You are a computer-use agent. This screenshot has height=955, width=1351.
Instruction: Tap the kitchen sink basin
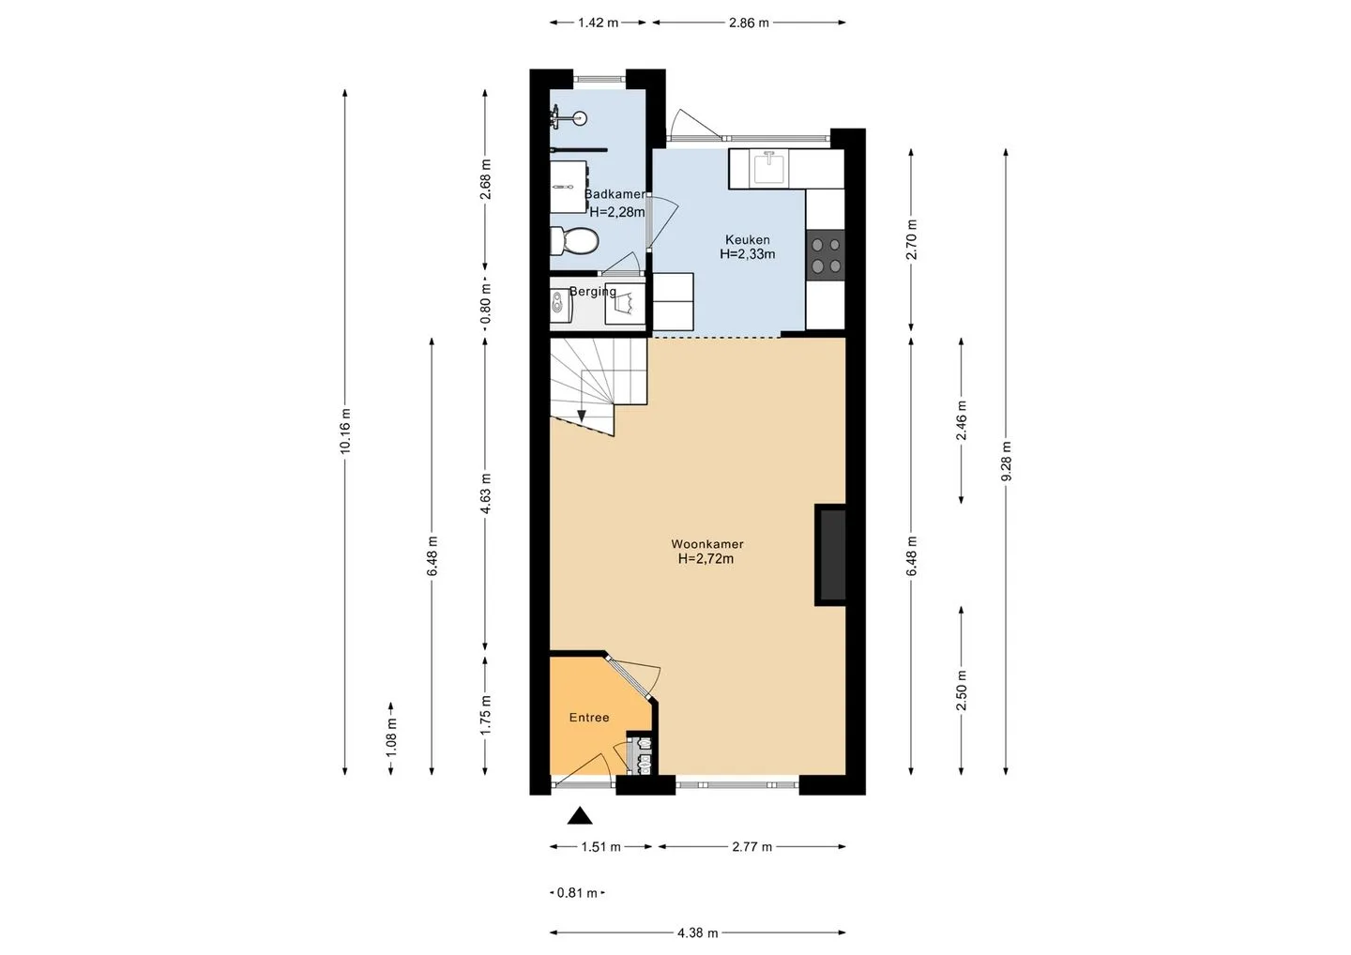click(768, 168)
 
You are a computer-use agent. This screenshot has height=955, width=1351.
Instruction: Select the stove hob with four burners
click(826, 255)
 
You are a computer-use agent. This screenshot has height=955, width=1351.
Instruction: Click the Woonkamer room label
click(706, 544)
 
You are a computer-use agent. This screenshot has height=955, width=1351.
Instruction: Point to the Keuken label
click(747, 238)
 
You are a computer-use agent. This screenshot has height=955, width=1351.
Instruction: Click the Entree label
click(589, 718)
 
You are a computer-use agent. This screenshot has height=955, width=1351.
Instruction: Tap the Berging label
click(593, 292)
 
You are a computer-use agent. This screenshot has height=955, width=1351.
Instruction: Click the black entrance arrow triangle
click(580, 815)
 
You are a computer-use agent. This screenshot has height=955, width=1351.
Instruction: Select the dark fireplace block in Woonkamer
click(830, 554)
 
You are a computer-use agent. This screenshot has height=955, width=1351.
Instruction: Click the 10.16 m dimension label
click(345, 431)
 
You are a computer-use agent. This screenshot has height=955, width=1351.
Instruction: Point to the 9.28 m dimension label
click(1006, 462)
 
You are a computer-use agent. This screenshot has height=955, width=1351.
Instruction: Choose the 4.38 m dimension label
click(698, 932)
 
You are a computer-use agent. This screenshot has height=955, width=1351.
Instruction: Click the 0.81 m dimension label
click(577, 893)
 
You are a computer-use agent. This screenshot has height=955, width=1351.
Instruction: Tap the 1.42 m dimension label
click(599, 23)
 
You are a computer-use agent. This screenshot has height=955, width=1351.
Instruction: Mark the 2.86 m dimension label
click(749, 23)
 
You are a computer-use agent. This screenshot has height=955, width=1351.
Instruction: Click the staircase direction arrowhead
click(582, 416)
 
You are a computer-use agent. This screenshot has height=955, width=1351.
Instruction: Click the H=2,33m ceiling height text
click(747, 254)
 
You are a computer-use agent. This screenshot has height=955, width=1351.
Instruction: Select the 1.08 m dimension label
click(391, 737)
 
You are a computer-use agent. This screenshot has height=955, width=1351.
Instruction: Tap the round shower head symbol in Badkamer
click(580, 119)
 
